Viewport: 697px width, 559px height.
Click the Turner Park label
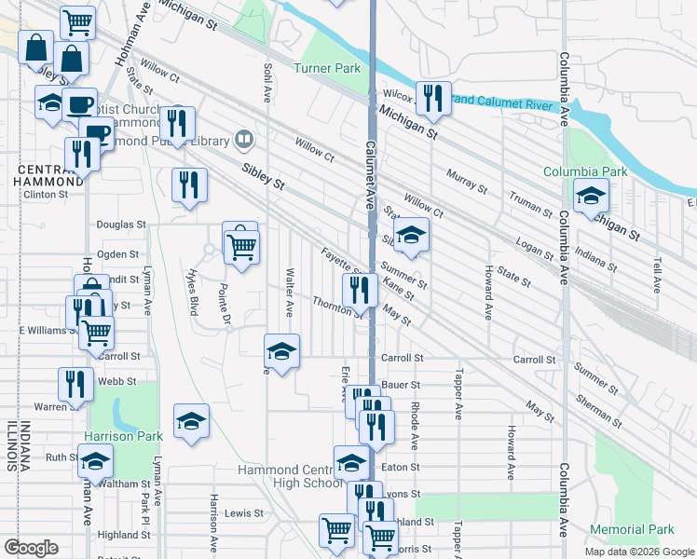[x=326, y=68]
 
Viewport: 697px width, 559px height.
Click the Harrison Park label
[x=117, y=436]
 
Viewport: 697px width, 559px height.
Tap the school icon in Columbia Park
[x=590, y=197]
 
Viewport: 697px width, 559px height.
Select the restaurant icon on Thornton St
[x=359, y=290]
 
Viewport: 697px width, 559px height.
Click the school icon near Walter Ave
[x=281, y=350]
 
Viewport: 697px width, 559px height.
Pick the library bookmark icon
[x=244, y=140]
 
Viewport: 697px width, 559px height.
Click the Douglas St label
[x=121, y=225]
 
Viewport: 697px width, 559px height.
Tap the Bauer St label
[x=402, y=384]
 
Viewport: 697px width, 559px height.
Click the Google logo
[x=31, y=548]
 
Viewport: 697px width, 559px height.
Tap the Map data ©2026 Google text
[x=639, y=552]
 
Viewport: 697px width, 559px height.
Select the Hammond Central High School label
[x=291, y=476]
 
